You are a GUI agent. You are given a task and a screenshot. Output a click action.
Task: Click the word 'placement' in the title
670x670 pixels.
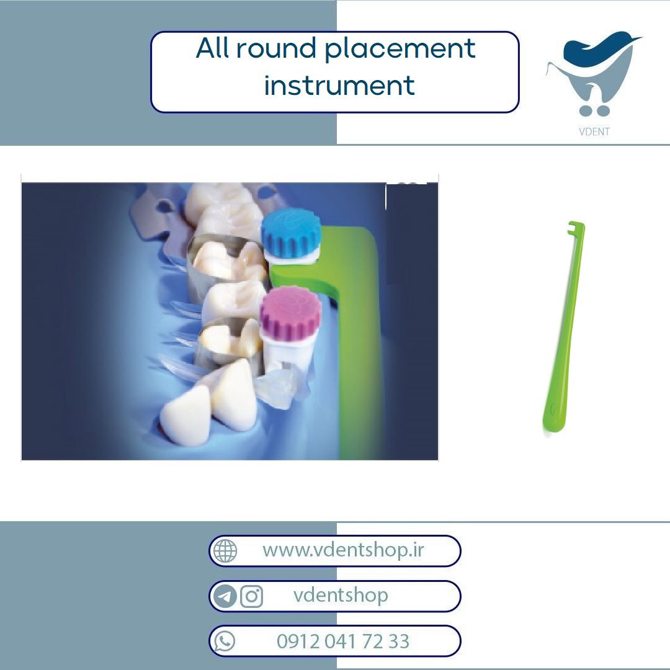(x=400, y=50)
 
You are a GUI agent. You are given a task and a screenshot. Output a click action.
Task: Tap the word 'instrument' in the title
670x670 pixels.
(x=339, y=85)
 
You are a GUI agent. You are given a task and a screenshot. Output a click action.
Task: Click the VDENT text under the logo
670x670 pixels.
(x=594, y=132)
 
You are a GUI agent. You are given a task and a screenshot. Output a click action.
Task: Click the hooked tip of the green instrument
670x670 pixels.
(x=575, y=227)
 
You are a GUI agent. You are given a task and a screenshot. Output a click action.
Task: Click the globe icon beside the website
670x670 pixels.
(x=225, y=551)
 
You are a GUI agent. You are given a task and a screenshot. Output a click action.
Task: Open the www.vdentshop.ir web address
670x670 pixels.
(x=343, y=550)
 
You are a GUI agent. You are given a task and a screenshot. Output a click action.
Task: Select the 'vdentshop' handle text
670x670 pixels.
(x=341, y=595)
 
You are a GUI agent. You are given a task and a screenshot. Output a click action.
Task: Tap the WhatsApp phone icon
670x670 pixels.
(x=225, y=641)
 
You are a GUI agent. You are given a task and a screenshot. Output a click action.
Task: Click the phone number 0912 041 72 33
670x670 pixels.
(x=343, y=641)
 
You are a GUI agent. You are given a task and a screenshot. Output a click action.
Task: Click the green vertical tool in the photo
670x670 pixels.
(x=351, y=342)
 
